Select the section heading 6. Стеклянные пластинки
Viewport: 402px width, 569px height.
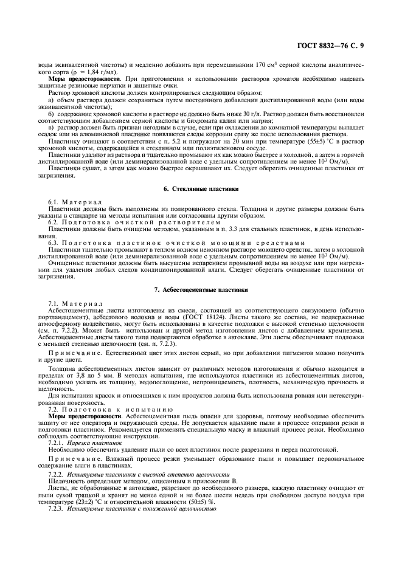(200, 189)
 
